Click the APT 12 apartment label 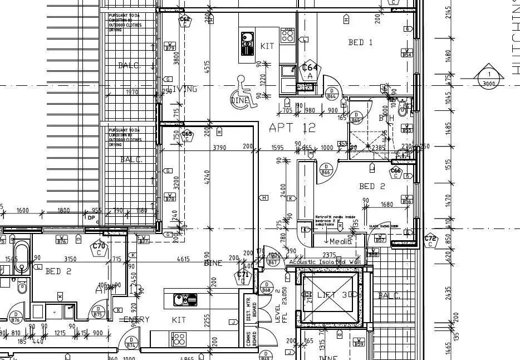tap(292, 128)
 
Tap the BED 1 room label tap(360, 42)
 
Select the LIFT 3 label tap(331, 295)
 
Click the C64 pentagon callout tap(310, 71)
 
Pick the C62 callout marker tap(185, 21)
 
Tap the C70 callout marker tap(99, 248)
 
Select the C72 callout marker tap(430, 241)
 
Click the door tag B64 tap(332, 94)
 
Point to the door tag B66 tap(326, 169)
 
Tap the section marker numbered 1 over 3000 tap(489, 79)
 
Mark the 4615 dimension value tap(183, 259)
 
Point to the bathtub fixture tap(21, 257)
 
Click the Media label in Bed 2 tap(341, 241)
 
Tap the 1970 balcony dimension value tap(133, 92)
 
